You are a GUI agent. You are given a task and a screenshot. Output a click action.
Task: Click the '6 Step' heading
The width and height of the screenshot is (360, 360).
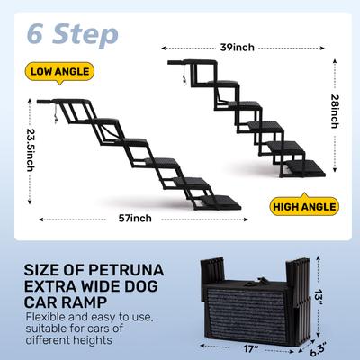coord(73,34)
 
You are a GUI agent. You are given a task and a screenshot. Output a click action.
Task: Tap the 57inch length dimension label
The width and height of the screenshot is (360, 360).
coord(134,219)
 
